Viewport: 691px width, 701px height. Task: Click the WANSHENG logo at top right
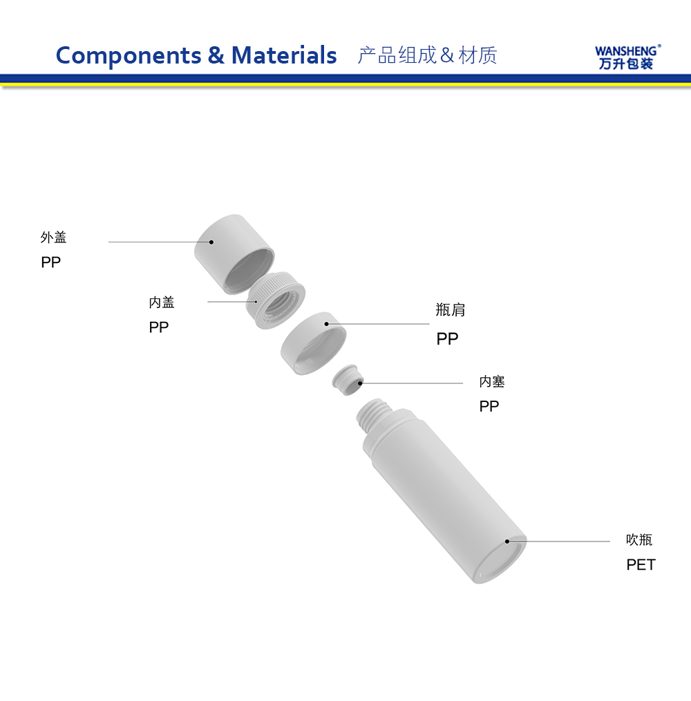[627, 57]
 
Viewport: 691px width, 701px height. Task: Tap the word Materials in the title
[284, 55]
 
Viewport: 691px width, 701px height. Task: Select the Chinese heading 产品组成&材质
[427, 55]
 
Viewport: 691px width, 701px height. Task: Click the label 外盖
[53, 238]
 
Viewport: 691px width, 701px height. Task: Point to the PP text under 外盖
[50, 262]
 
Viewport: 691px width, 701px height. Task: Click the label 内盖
[162, 303]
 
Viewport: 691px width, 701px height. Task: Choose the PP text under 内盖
[159, 327]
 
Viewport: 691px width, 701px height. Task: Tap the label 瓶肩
[451, 310]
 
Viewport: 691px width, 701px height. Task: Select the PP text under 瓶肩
[447, 339]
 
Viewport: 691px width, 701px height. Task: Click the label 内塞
[492, 381]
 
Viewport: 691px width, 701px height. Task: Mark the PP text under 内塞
[489, 407]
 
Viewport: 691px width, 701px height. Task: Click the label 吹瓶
[639, 540]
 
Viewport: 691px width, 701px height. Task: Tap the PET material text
[641, 565]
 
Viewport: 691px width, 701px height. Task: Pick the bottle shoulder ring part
[313, 343]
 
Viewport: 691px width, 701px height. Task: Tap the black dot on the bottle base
[507, 541]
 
